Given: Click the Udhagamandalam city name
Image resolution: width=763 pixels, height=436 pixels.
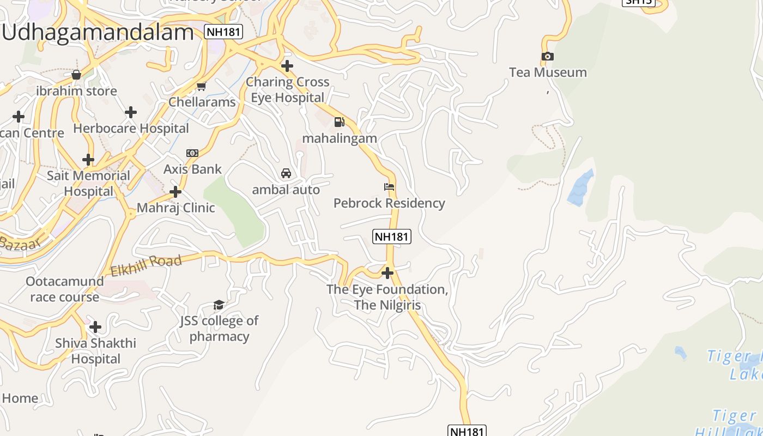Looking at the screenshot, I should pyautogui.click(x=98, y=33).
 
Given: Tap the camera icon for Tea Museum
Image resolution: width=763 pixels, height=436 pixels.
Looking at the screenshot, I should pyautogui.click(x=548, y=56).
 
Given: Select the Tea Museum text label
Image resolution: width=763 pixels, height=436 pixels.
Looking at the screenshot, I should pyautogui.click(x=548, y=72).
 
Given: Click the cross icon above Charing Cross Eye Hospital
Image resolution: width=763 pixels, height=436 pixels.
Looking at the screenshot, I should pyautogui.click(x=287, y=66).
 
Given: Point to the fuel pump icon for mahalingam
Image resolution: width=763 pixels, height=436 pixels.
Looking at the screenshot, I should pyautogui.click(x=340, y=122).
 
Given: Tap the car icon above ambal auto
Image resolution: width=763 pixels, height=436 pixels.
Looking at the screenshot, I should pyautogui.click(x=286, y=173).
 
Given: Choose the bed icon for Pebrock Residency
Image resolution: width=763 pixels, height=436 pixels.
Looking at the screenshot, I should pyautogui.click(x=389, y=187).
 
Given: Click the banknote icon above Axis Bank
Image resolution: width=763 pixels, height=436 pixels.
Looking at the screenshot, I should pyautogui.click(x=192, y=153).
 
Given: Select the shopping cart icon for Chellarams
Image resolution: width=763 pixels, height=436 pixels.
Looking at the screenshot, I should pyautogui.click(x=202, y=86).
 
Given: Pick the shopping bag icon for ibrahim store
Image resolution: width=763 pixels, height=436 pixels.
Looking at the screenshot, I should pyautogui.click(x=76, y=75).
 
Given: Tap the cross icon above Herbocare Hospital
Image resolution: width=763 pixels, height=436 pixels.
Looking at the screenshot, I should pyautogui.click(x=131, y=112).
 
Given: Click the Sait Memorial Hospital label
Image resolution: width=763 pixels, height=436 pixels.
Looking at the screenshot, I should pyautogui.click(x=88, y=184).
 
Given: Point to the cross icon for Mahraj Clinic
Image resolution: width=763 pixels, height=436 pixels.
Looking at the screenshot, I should pyautogui.click(x=175, y=192).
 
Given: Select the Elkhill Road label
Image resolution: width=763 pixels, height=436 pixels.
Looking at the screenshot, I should pyautogui.click(x=146, y=265).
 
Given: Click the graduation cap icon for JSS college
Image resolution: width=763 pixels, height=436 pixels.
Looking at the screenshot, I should pyautogui.click(x=219, y=305).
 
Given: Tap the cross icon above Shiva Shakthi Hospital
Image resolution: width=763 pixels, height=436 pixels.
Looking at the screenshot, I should pyautogui.click(x=95, y=327).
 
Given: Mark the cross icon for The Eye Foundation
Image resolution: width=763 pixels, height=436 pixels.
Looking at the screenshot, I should pyautogui.click(x=387, y=272).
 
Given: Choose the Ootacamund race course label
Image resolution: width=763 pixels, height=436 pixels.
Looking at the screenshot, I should pyautogui.click(x=65, y=289).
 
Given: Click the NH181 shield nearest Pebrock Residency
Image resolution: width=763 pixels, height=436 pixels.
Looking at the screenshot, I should pyautogui.click(x=391, y=237).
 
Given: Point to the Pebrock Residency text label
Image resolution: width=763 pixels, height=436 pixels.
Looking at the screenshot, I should pyautogui.click(x=389, y=203).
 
